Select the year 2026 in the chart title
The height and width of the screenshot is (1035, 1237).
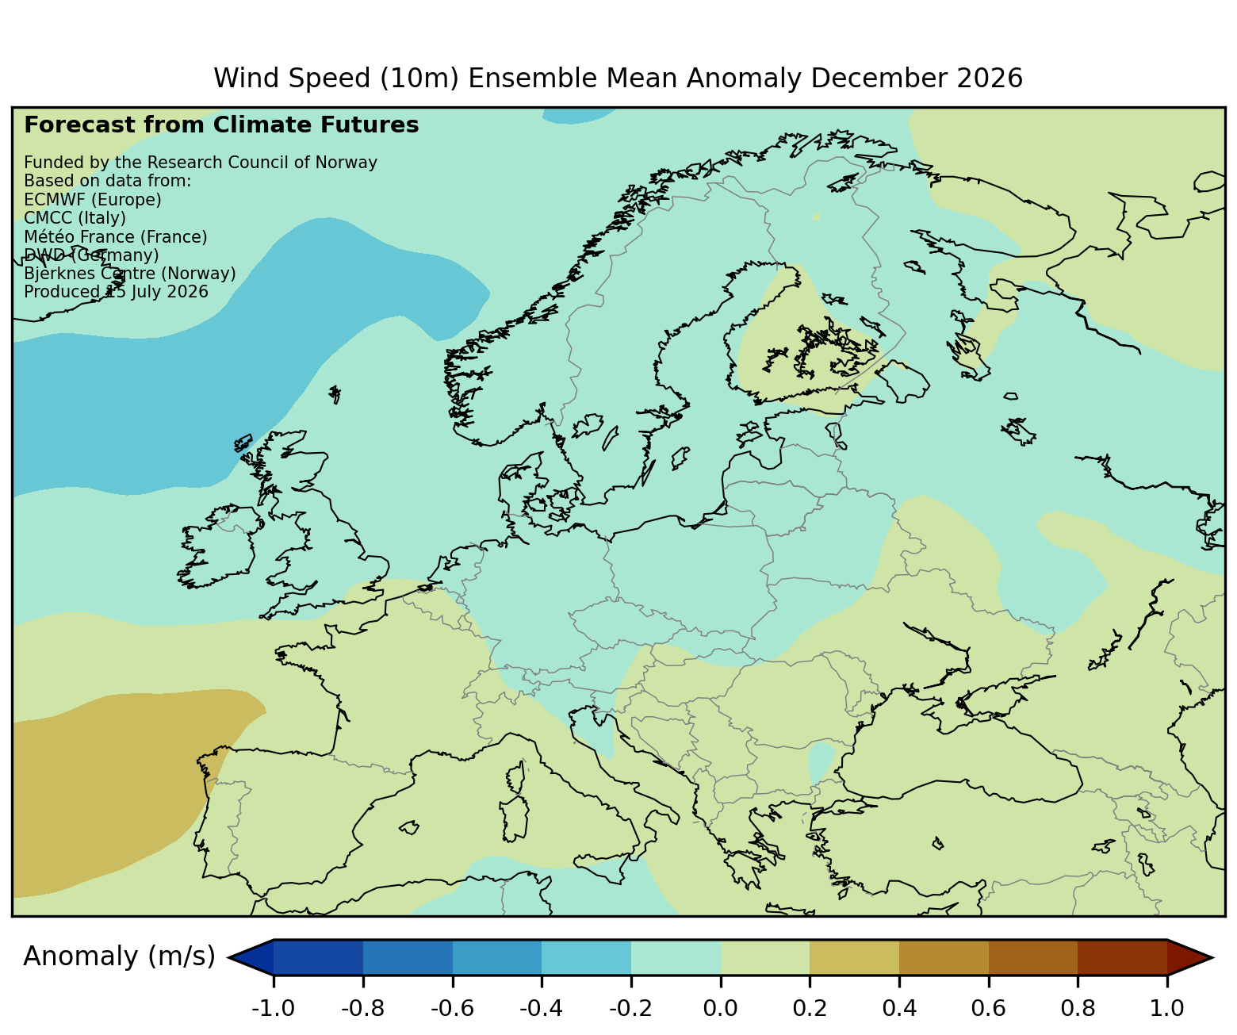pyautogui.click(x=990, y=79)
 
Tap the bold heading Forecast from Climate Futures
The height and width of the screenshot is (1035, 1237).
pyautogui.click(x=221, y=125)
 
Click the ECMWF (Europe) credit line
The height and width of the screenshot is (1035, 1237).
pyautogui.click(x=93, y=200)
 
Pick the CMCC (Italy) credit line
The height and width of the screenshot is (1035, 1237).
pyautogui.click(x=75, y=218)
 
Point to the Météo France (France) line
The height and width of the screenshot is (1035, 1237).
pyautogui.click(x=116, y=236)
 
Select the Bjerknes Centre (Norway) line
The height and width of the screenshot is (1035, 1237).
pyautogui.click(x=130, y=273)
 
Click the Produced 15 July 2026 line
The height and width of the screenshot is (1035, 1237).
pyautogui.click(x=116, y=292)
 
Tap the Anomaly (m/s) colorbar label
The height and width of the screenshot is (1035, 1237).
pyautogui.click(x=119, y=956)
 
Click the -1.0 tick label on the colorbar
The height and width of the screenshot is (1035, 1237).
pyautogui.click(x=273, y=1009)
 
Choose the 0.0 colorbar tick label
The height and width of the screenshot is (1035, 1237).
pyautogui.click(x=721, y=1009)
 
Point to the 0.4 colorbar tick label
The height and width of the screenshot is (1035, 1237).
pyautogui.click(x=899, y=1009)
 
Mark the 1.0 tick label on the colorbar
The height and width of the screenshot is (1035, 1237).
pyautogui.click(x=1167, y=1009)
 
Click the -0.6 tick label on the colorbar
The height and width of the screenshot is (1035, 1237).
pyautogui.click(x=452, y=1009)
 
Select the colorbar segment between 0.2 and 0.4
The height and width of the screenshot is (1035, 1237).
pyautogui.click(x=854, y=957)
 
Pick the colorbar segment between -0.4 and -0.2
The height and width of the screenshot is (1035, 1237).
pyautogui.click(x=587, y=957)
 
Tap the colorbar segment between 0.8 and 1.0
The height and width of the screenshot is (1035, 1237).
pyautogui.click(x=1122, y=957)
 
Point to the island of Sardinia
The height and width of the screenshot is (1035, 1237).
pyautogui.click(x=515, y=818)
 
